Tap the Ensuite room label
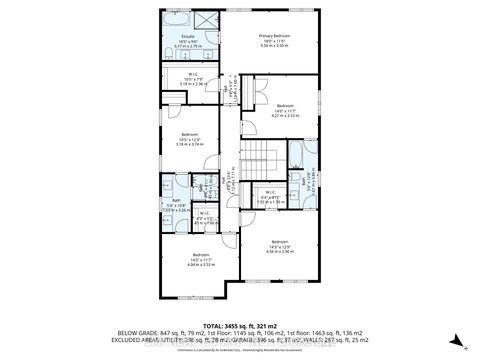[187, 36]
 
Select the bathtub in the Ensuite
[177, 21]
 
